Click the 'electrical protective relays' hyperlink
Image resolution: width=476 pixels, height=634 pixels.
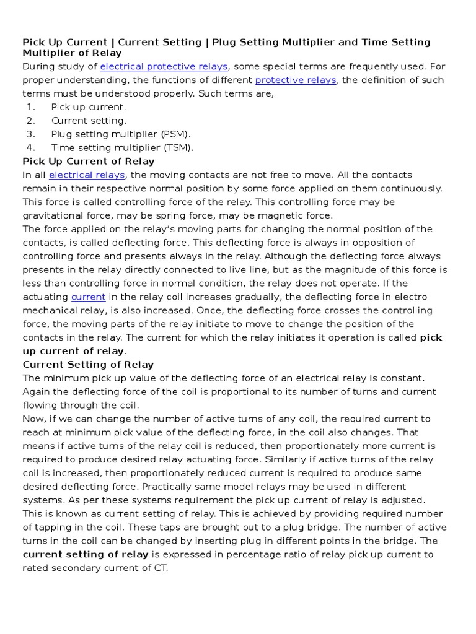tap(164, 66)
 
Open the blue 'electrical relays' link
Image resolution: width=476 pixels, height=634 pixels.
tap(87, 175)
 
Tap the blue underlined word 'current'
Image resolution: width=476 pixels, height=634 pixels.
tap(88, 297)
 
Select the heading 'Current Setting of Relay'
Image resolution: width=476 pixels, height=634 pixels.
tap(88, 365)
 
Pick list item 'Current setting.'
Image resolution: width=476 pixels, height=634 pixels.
tap(89, 121)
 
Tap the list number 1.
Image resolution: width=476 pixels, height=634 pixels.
tap(30, 107)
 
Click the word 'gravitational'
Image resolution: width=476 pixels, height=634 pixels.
tap(52, 215)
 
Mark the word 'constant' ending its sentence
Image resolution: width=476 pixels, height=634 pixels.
tap(403, 378)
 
